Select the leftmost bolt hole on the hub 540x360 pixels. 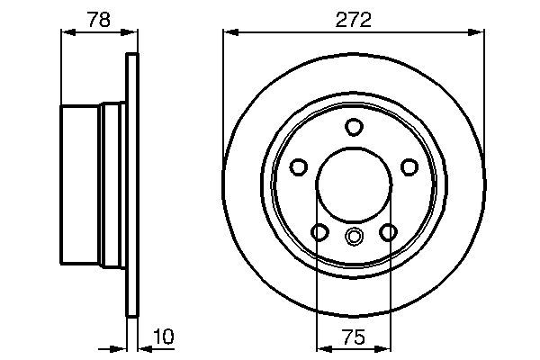(x=299, y=166)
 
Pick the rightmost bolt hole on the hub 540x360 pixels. (x=409, y=166)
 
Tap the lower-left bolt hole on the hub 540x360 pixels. (x=319, y=232)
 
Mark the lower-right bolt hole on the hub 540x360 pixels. (x=388, y=232)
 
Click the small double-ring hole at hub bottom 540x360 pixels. (x=354, y=238)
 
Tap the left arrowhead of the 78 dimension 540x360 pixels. (x=66, y=32)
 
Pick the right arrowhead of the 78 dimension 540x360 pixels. (x=134, y=32)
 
